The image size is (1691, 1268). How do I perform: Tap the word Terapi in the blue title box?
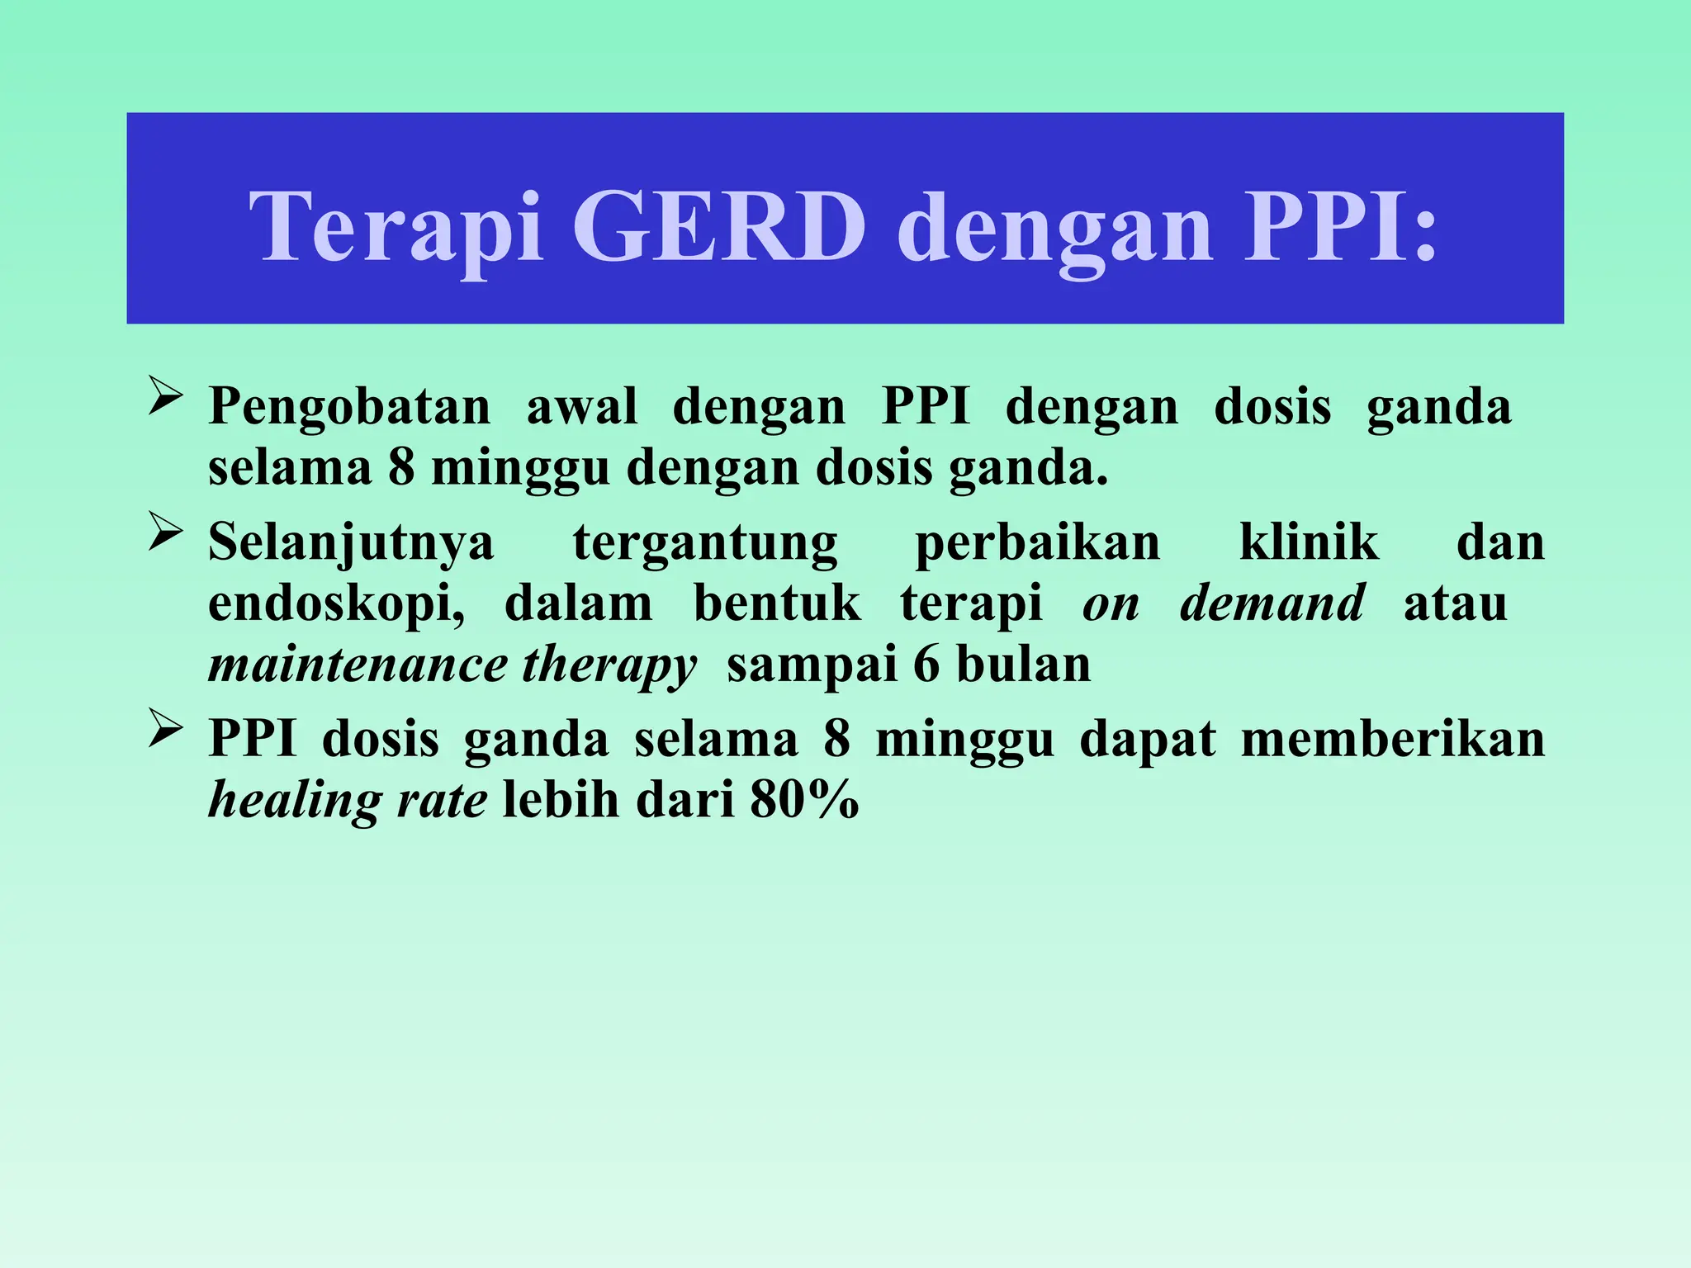coord(396,226)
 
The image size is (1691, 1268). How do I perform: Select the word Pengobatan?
coord(349,407)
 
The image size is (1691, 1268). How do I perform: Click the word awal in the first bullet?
coord(582,407)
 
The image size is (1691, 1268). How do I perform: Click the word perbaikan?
coord(1038,542)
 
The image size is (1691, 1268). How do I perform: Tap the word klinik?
coord(1309,542)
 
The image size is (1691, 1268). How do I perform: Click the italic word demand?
coord(1272,603)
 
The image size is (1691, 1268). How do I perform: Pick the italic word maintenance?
coord(358,665)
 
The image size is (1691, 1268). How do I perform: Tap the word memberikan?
coord(1393,738)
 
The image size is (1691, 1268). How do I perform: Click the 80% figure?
coord(804,799)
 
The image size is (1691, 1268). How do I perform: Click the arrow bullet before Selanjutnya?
coord(165,532)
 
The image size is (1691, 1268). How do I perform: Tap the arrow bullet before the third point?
coord(165,728)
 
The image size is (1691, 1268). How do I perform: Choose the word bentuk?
coord(776,603)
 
